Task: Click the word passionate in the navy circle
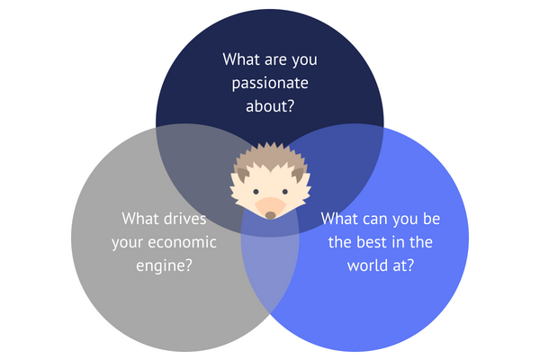point(270,83)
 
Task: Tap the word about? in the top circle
point(270,105)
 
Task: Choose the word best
point(377,242)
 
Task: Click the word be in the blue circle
point(430,219)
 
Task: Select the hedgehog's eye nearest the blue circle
point(283,192)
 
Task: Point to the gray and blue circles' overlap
point(270,261)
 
